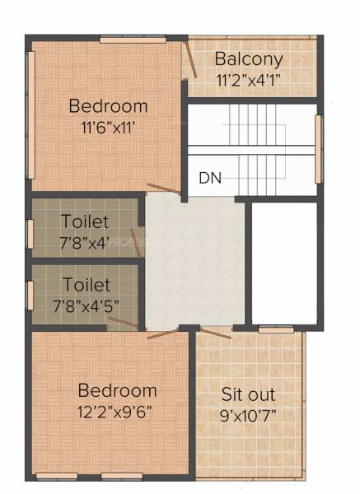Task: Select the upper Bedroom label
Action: (108, 106)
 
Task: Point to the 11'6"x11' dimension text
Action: (108, 128)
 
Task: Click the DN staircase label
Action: (209, 178)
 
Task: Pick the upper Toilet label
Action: (85, 221)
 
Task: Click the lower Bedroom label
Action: (117, 390)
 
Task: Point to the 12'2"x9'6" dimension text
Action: (117, 411)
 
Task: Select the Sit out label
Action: (248, 394)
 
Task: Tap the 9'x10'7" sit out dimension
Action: (248, 416)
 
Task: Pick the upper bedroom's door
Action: (163, 189)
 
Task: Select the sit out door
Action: (216, 333)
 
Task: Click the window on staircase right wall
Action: (319, 149)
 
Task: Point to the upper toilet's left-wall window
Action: (30, 233)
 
